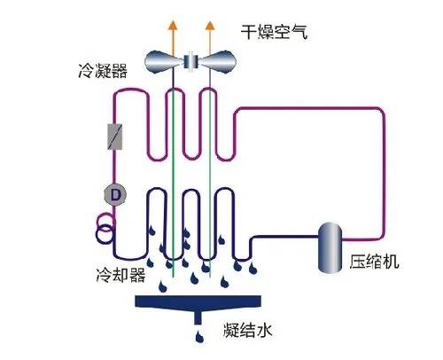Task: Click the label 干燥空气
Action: pyautogui.click(x=275, y=32)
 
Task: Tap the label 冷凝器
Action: pyautogui.click(x=103, y=70)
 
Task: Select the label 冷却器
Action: pyautogui.click(x=120, y=275)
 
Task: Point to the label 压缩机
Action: pyautogui.click(x=374, y=262)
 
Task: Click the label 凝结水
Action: pyautogui.click(x=247, y=330)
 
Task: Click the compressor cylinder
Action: pyautogui.click(x=330, y=247)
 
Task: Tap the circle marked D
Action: pyautogui.click(x=115, y=195)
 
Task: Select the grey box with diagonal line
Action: pyautogui.click(x=115, y=137)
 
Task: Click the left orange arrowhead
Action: pyautogui.click(x=173, y=26)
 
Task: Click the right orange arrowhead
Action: pyautogui.click(x=210, y=26)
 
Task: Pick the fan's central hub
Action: pyautogui.click(x=191, y=61)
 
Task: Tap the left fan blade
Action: pyautogui.click(x=161, y=62)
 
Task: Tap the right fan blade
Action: pyautogui.click(x=218, y=62)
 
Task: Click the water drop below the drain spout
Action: pyautogui.click(x=200, y=337)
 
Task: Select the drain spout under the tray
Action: pyautogui.click(x=198, y=317)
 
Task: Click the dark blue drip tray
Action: pyautogui.click(x=198, y=302)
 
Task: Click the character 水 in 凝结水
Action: pyautogui.click(x=264, y=330)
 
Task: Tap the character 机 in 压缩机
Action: pyautogui.click(x=391, y=262)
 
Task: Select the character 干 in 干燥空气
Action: pyautogui.click(x=249, y=32)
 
